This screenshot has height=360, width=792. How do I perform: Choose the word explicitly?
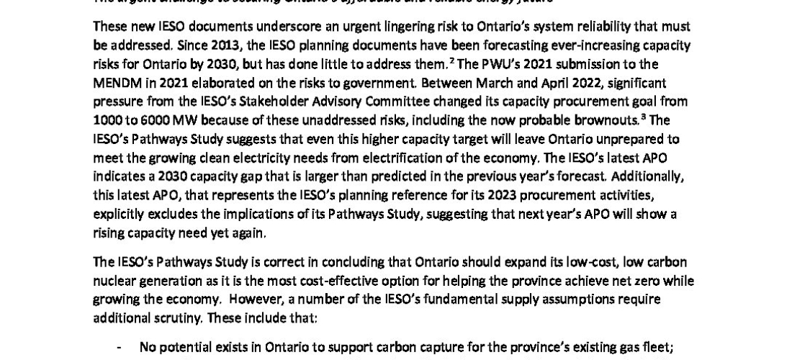coord(121,214)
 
